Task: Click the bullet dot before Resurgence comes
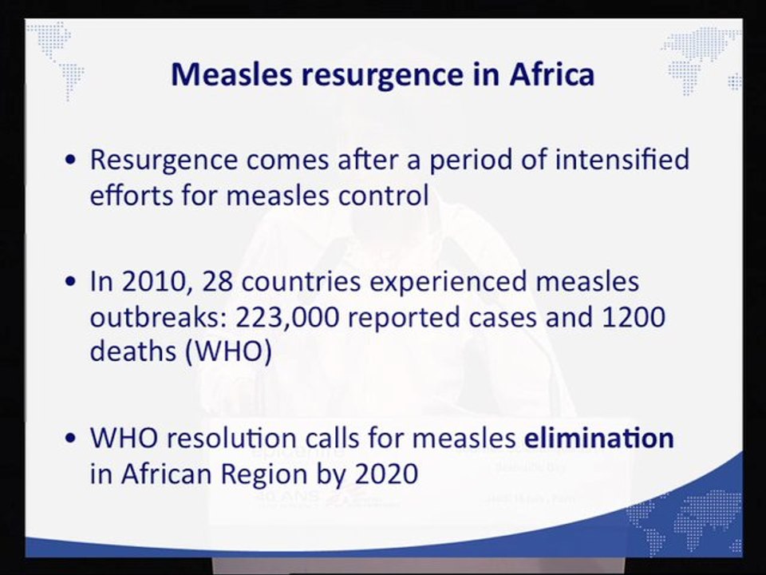click(71, 161)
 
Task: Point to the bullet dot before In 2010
click(71, 282)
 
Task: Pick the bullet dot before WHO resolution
click(71, 438)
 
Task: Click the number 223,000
click(287, 318)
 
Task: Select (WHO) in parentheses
click(229, 351)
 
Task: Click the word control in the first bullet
click(384, 195)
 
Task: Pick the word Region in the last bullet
click(264, 474)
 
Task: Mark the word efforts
click(132, 195)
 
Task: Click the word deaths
click(133, 351)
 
